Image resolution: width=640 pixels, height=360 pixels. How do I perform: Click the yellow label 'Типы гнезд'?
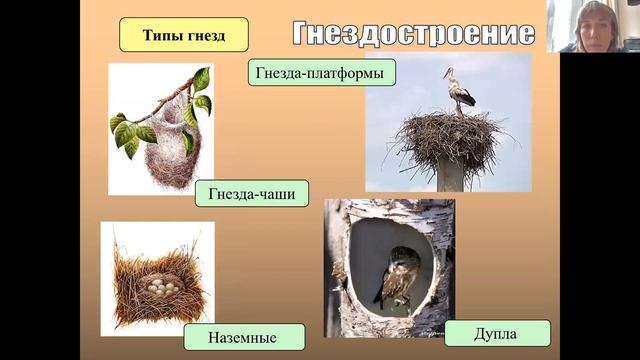183,35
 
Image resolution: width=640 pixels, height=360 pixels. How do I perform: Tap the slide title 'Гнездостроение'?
413,33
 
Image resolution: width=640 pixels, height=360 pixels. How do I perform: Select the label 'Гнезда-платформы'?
320,73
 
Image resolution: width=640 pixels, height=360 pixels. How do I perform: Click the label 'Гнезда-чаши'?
252,193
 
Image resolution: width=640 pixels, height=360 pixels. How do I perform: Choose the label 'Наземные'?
243,336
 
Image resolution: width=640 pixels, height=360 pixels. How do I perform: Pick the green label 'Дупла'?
497,333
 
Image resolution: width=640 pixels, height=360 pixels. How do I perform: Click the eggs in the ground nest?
163,287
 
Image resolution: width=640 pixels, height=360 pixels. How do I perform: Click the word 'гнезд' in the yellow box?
205,35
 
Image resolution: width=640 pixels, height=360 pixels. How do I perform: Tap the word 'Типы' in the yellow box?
161,35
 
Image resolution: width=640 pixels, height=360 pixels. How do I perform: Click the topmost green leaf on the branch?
202,78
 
